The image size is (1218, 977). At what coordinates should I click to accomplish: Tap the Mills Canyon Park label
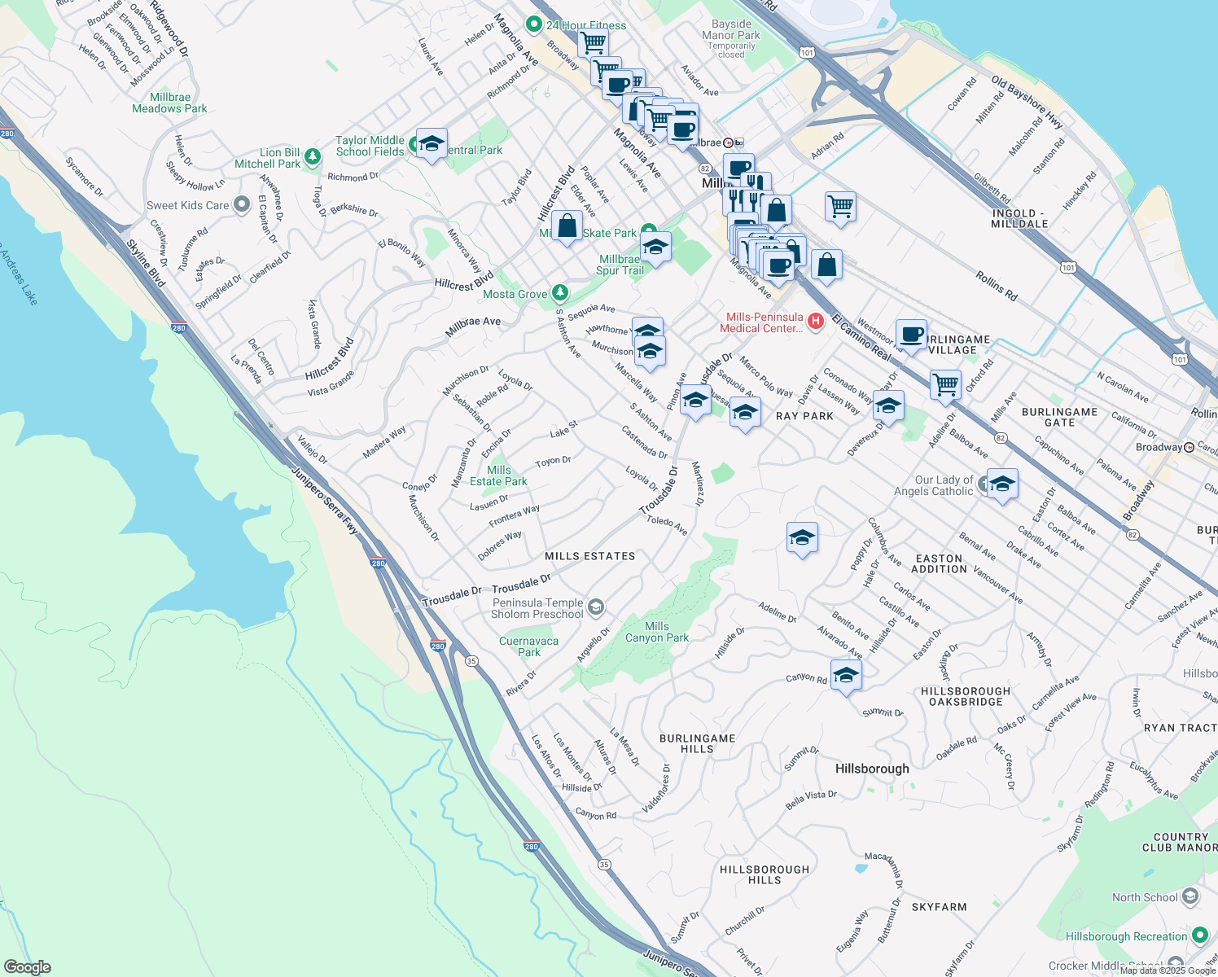(656, 632)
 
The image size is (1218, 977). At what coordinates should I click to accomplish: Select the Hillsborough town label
(872, 769)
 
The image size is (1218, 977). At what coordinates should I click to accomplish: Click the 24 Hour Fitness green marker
(533, 24)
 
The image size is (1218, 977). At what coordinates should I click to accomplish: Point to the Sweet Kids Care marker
(241, 204)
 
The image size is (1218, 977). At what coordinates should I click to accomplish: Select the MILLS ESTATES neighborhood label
(589, 556)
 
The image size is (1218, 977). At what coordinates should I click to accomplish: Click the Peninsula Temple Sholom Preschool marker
(596, 607)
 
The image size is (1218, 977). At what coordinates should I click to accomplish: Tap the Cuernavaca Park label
(528, 646)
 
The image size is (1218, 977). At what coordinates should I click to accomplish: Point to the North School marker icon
(1190, 896)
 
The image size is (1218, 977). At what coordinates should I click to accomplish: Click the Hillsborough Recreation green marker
(1199, 935)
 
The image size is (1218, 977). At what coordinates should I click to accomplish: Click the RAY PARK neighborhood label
(804, 416)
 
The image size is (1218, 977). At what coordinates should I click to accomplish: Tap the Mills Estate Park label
(498, 475)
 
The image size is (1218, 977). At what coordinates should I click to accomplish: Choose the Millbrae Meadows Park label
(169, 103)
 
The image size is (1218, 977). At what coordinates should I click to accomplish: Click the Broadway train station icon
(1190, 447)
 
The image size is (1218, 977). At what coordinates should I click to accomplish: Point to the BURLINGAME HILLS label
(697, 743)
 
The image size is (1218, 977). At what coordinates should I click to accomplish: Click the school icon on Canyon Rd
(846, 676)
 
